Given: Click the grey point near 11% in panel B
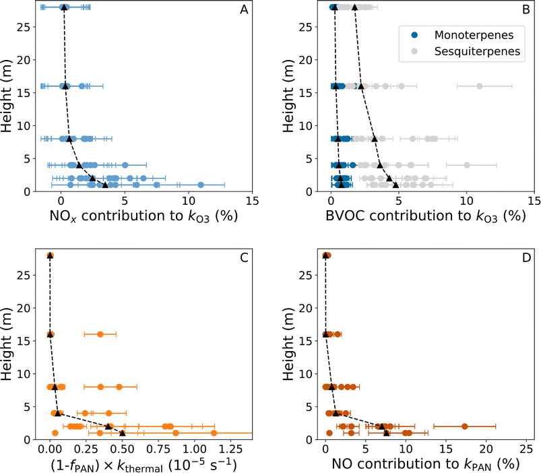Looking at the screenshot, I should click(480, 86).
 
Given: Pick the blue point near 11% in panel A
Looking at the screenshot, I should click(201, 185).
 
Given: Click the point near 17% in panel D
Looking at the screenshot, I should click(464, 426).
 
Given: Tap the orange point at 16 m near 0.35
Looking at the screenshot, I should click(100, 334).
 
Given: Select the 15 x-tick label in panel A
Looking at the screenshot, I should click(252, 201).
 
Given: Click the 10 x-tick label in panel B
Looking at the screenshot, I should click(466, 201).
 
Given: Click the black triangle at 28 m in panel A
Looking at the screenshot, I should click(64, 7).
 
